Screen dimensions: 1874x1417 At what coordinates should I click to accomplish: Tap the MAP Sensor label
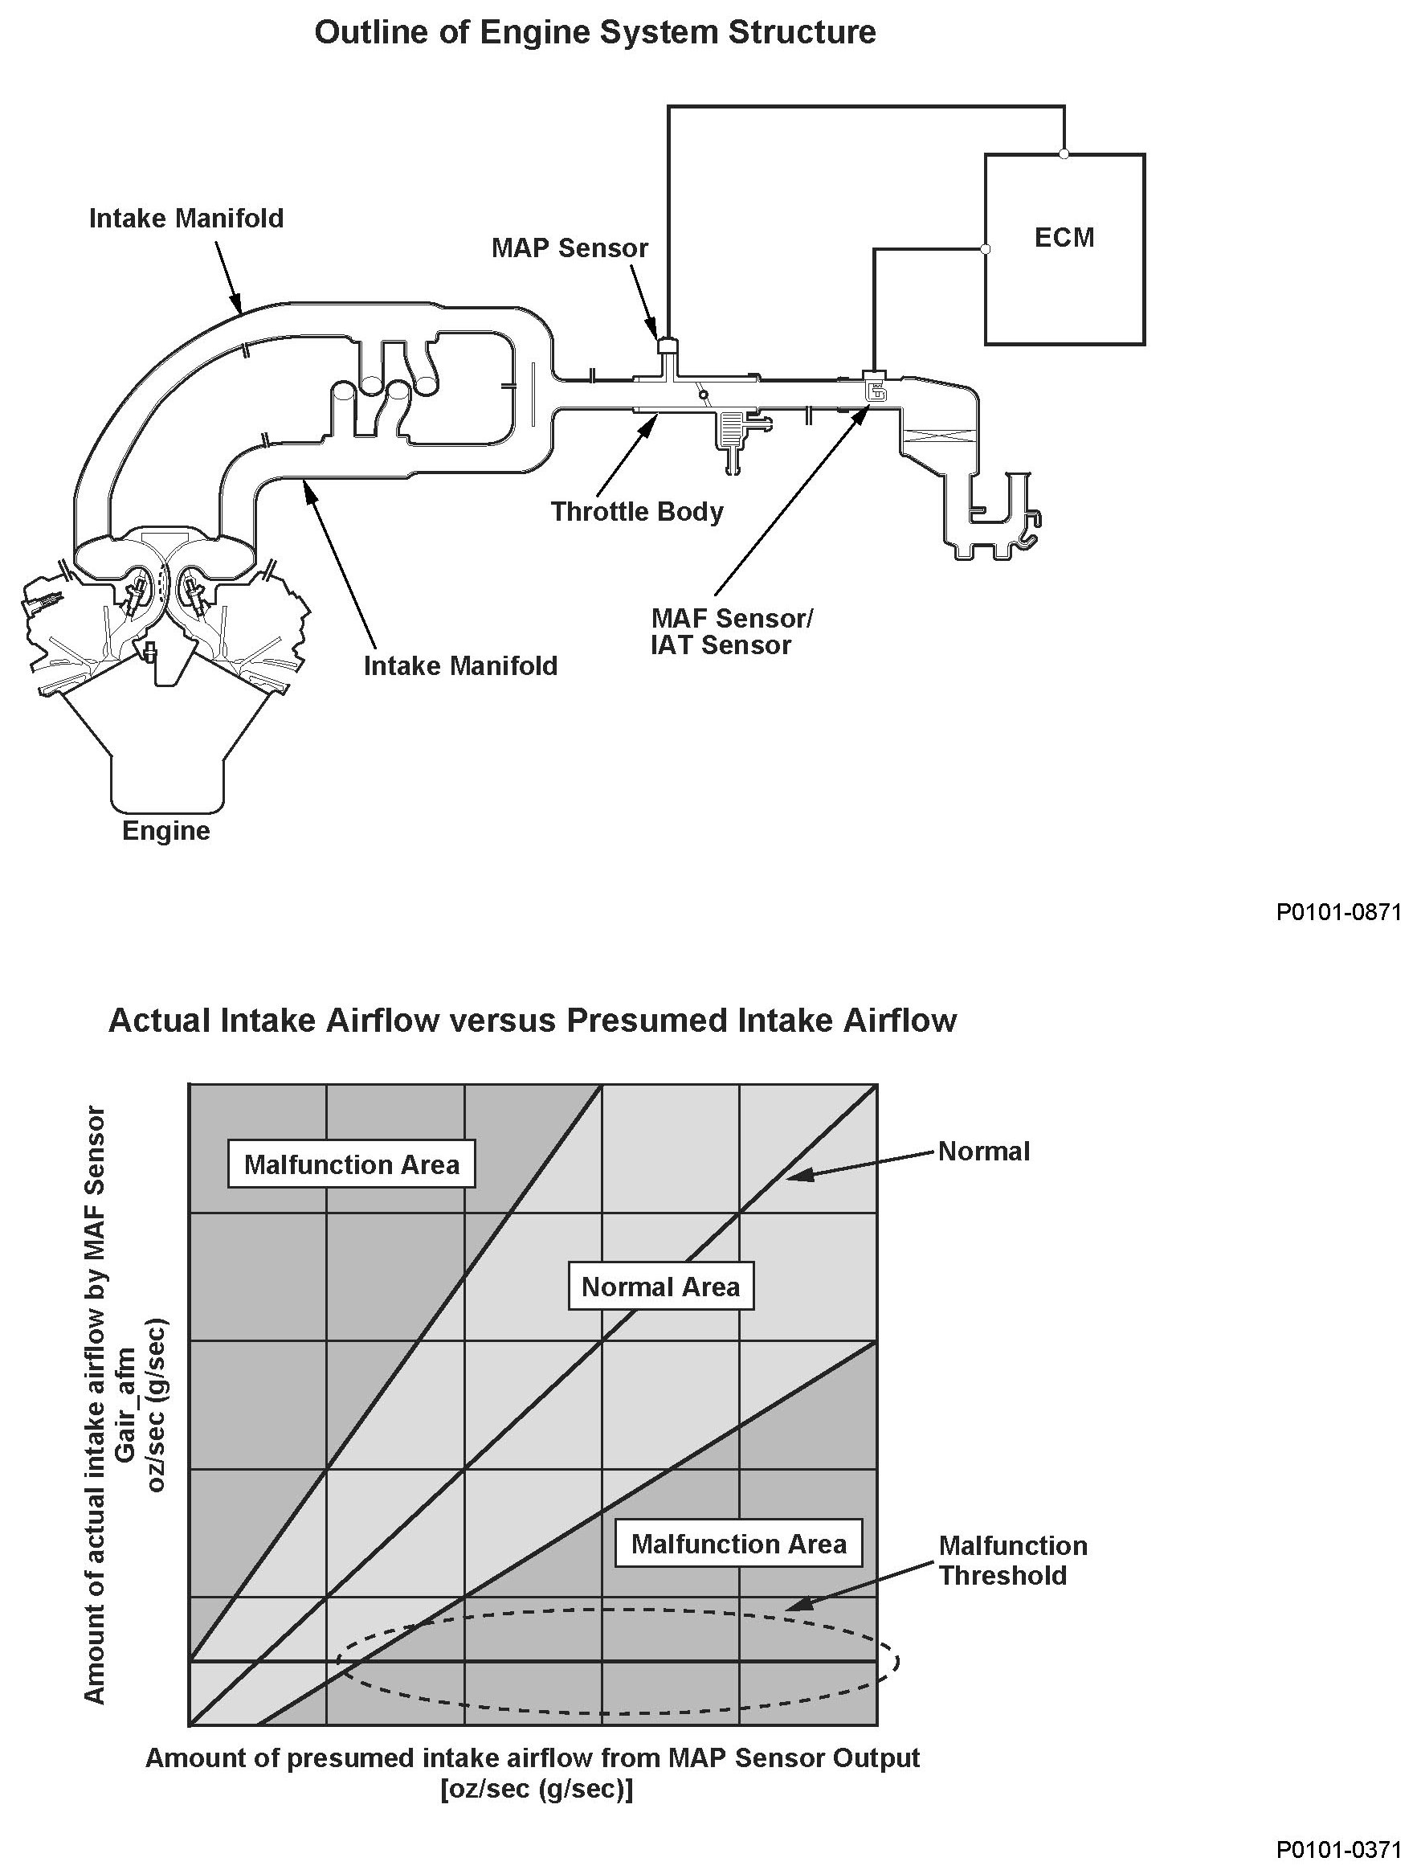tap(570, 248)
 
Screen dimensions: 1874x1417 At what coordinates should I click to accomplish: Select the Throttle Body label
tap(637, 512)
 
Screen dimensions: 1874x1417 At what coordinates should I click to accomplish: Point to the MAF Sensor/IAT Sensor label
tap(730, 631)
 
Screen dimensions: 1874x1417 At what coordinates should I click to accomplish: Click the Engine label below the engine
tap(166, 830)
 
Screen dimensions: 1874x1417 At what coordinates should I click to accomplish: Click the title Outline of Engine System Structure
tap(594, 32)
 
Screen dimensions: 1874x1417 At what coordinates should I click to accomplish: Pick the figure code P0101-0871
tap(1338, 912)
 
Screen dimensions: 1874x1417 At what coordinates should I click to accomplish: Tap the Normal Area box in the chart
tap(660, 1287)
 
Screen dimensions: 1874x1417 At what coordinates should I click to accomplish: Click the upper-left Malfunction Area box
tap(352, 1165)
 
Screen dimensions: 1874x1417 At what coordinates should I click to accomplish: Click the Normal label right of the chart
tap(983, 1152)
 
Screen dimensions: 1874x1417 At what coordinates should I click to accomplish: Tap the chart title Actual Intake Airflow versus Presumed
tap(532, 1021)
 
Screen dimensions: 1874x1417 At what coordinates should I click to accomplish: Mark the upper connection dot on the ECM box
tap(1064, 153)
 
